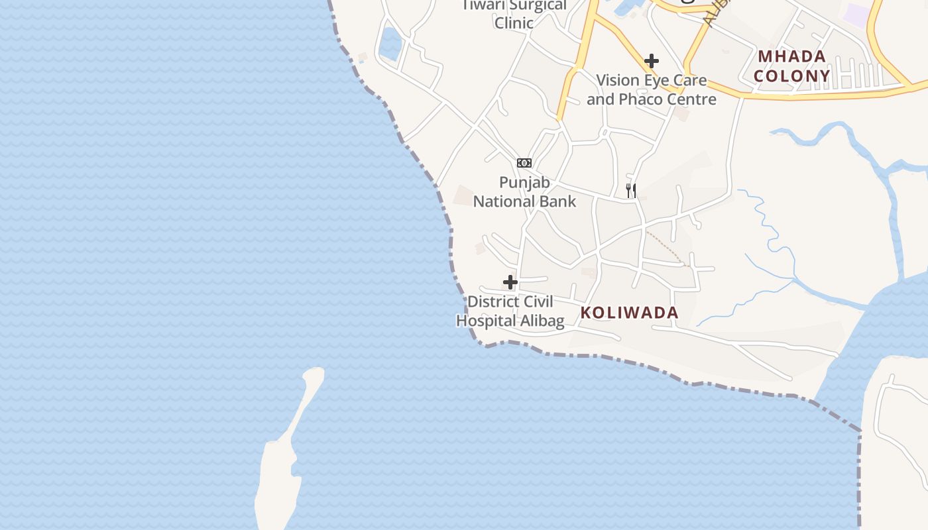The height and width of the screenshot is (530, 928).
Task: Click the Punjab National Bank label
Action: click(x=524, y=191)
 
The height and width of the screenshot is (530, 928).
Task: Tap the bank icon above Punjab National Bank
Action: click(x=524, y=163)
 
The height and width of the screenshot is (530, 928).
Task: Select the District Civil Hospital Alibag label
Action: click(x=510, y=311)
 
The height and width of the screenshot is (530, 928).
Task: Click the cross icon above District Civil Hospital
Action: click(x=510, y=282)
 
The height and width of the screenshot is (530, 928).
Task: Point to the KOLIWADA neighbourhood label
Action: click(x=629, y=313)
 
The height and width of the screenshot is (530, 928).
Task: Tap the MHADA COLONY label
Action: click(x=792, y=66)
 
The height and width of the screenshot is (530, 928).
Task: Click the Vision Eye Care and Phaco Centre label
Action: click(x=652, y=90)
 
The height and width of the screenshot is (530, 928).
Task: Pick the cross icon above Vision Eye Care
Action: click(x=652, y=61)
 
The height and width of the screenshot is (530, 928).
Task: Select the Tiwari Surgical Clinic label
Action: click(x=514, y=14)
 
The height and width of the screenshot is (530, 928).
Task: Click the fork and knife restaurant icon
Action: click(x=631, y=191)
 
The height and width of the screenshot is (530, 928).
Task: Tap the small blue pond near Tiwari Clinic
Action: click(x=390, y=44)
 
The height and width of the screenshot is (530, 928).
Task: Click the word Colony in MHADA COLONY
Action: click(x=792, y=76)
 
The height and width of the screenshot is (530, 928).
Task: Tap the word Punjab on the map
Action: click(x=525, y=182)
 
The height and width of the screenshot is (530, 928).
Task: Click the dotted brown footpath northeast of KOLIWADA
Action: click(x=667, y=246)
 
